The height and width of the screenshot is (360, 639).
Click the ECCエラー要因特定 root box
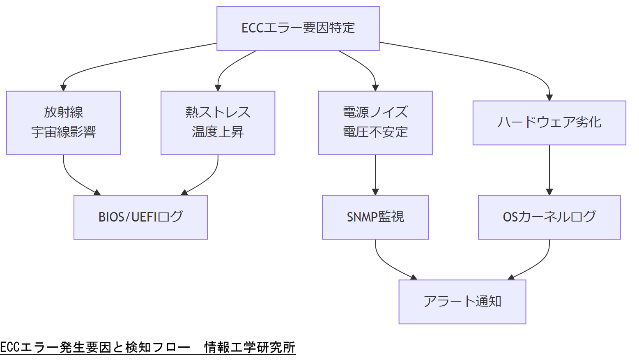(298, 28)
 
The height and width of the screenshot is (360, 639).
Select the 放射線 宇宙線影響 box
(63, 122)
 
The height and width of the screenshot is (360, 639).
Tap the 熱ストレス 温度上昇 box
(218, 122)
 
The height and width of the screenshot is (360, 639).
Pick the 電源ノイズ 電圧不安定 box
(375, 122)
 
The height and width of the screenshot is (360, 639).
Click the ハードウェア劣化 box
(549, 122)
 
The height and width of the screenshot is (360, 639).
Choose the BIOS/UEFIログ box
(140, 217)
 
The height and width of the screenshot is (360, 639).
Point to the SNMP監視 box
(375, 217)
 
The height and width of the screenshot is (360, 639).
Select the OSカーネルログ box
(549, 217)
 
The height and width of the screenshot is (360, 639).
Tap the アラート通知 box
(462, 302)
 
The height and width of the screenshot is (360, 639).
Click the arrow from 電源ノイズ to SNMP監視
(375, 175)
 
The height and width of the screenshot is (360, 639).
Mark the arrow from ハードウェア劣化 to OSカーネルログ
(549, 170)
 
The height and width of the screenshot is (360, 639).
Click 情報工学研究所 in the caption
(250, 347)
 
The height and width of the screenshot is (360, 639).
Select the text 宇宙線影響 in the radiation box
(63, 132)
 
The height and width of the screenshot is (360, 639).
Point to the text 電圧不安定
(375, 132)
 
